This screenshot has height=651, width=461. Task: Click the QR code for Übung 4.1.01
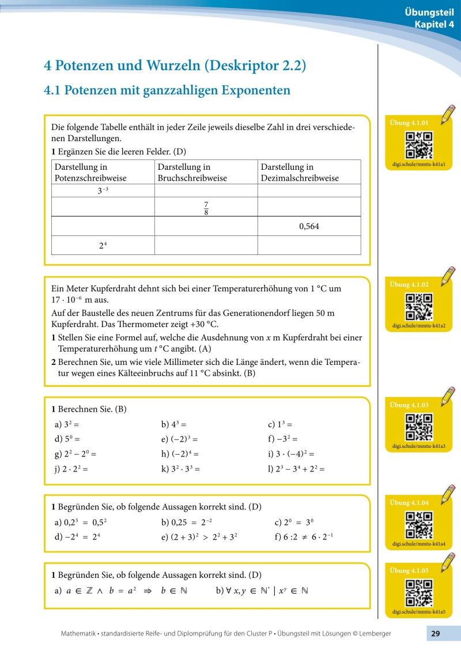pyautogui.click(x=419, y=144)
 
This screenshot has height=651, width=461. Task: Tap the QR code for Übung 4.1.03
pyautogui.click(x=419, y=427)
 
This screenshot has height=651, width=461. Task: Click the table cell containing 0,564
pyautogui.click(x=309, y=226)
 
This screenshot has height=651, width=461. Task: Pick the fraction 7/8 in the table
pyautogui.click(x=206, y=207)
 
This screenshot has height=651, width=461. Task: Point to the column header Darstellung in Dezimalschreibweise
pyautogui.click(x=300, y=172)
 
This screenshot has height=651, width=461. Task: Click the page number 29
pyautogui.click(x=436, y=634)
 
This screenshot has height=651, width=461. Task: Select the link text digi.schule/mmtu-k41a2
pyautogui.click(x=419, y=326)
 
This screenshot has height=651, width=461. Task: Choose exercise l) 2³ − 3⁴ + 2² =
pyautogui.click(x=296, y=469)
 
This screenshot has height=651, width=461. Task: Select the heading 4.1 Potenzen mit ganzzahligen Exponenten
pyautogui.click(x=167, y=90)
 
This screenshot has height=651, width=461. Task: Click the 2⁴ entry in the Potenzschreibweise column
pyautogui.click(x=103, y=245)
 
